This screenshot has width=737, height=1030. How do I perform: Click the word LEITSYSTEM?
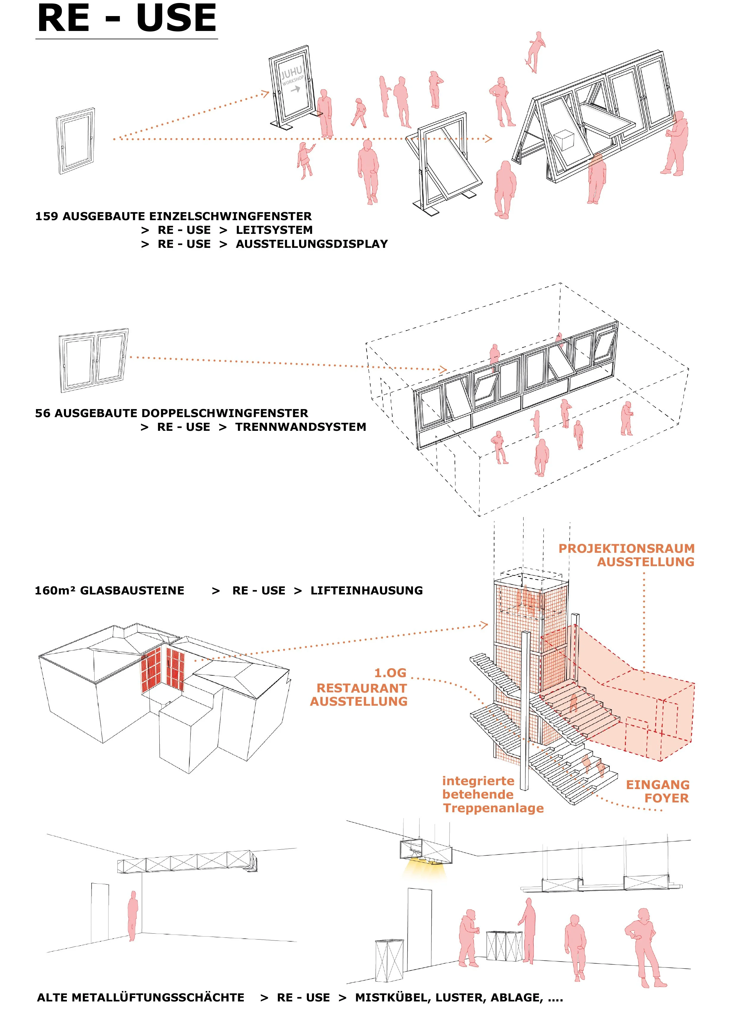tap(274, 230)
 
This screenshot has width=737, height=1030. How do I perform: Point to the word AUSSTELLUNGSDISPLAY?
tap(312, 244)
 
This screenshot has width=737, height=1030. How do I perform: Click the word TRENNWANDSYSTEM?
tap(301, 427)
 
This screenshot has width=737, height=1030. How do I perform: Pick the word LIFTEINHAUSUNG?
tap(366, 591)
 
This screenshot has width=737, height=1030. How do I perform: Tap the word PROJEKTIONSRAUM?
tap(626, 549)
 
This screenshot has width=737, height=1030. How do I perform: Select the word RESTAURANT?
tap(362, 688)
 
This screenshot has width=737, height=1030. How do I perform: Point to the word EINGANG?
tap(658, 785)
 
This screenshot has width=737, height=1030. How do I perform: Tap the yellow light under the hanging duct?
tap(424, 869)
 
